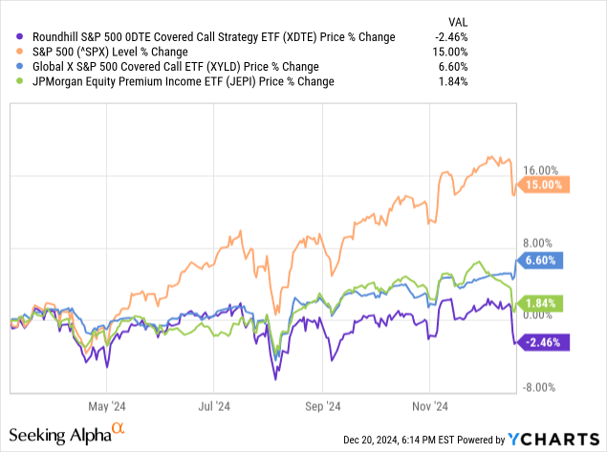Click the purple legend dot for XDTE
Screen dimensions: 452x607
tap(12, 35)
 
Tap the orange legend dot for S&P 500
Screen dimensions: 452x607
tap(12, 51)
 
